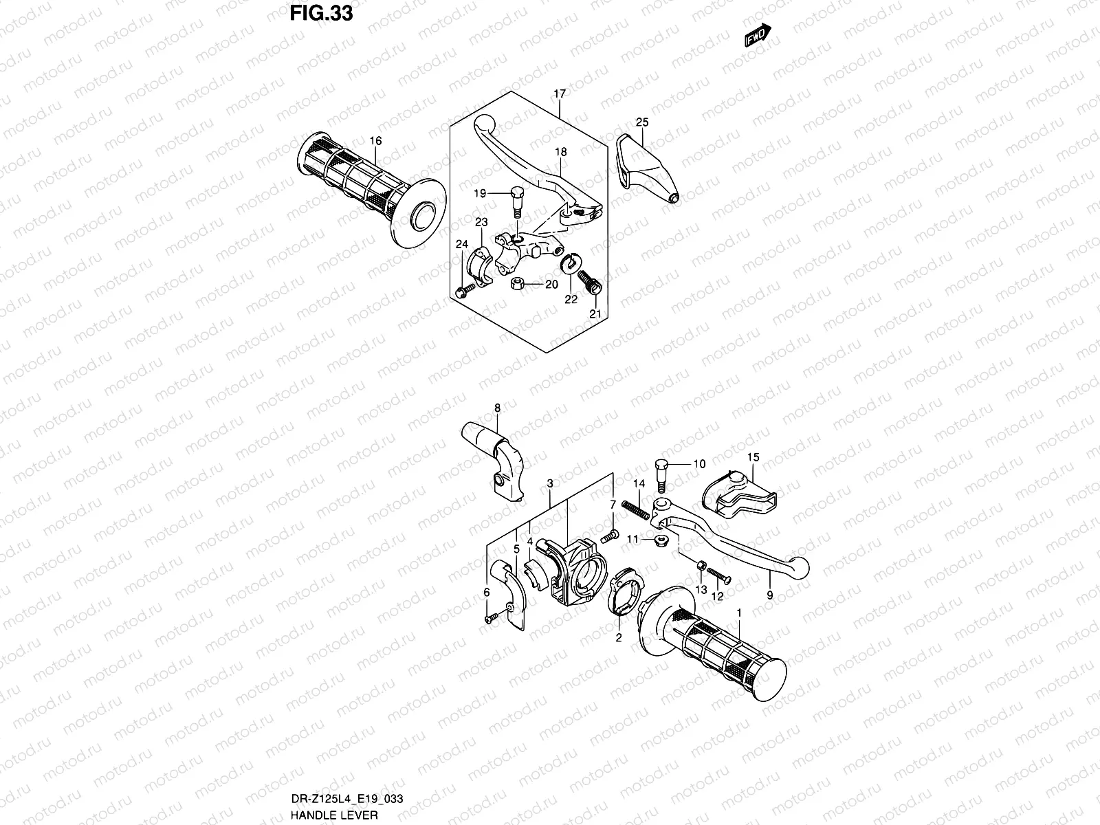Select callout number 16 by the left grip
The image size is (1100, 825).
click(x=375, y=141)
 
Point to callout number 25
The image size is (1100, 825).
click(x=642, y=122)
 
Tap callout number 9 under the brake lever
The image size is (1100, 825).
click(x=769, y=596)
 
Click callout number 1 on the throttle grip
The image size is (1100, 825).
click(x=738, y=611)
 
